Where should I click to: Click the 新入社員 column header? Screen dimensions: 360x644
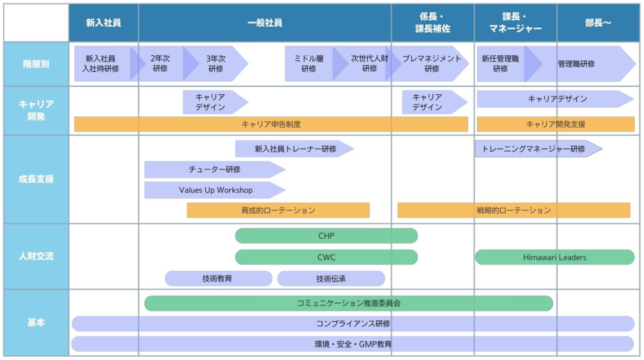[103, 23]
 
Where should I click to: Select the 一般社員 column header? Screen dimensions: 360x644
[264, 23]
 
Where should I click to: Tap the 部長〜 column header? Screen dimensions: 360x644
[598, 23]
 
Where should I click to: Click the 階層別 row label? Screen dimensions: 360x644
[36, 64]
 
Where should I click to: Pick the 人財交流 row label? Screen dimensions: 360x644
[36, 256]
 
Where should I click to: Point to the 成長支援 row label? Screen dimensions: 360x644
[36, 179]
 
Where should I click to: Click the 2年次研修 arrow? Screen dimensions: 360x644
[160, 64]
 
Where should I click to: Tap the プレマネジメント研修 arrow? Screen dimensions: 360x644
[431, 64]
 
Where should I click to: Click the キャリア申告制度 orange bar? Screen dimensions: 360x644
[271, 124]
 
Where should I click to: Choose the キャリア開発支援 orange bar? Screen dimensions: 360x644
[555, 124]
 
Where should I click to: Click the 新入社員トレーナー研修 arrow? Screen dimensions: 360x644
[295, 149]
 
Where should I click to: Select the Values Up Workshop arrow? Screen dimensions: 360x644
[215, 190]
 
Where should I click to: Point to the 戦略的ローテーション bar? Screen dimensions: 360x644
[513, 210]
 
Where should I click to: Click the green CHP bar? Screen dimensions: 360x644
[326, 236]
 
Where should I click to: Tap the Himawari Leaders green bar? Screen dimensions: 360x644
[554, 257]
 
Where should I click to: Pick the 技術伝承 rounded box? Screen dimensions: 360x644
[331, 279]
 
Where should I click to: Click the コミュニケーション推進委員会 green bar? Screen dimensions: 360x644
[348, 303]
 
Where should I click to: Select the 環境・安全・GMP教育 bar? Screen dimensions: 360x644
[352, 344]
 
